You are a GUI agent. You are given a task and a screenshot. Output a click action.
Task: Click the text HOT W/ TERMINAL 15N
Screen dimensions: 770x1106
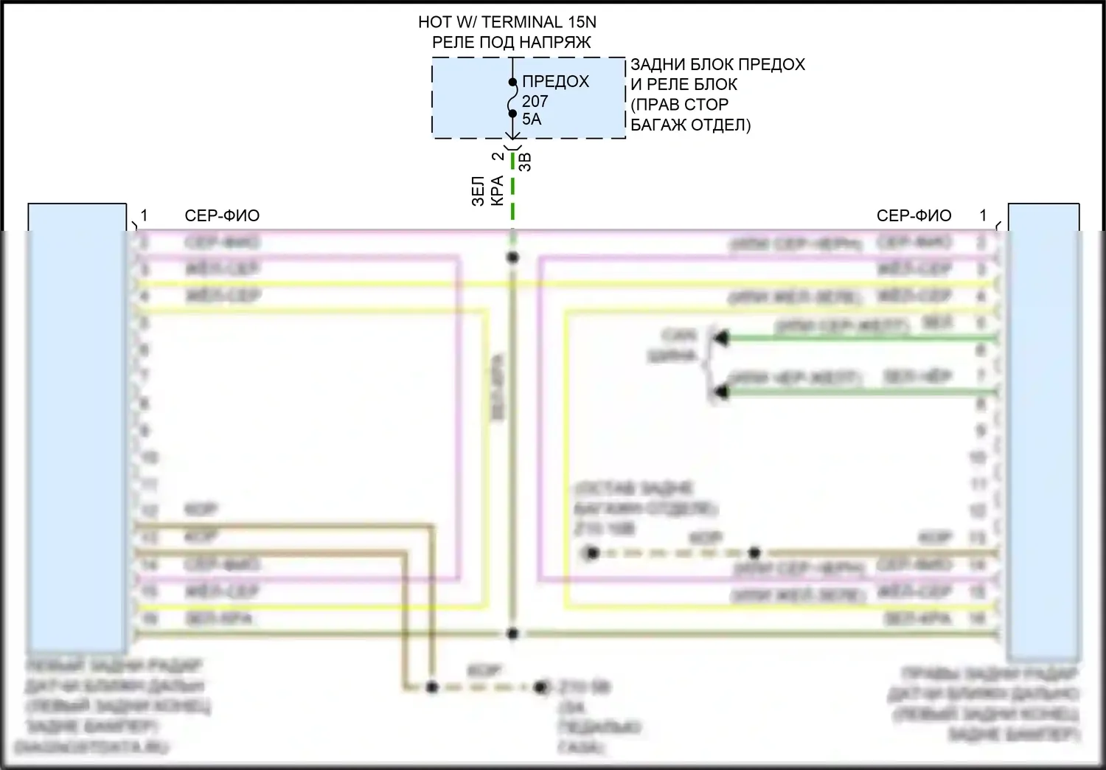tap(507, 23)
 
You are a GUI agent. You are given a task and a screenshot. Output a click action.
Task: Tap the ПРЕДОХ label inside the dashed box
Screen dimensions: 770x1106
tap(555, 81)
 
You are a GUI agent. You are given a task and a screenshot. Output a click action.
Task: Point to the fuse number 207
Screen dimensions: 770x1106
tap(535, 101)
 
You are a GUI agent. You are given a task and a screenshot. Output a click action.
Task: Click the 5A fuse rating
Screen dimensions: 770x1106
tap(531, 119)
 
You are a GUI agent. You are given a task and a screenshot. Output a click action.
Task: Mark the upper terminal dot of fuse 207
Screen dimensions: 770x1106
tap(512, 83)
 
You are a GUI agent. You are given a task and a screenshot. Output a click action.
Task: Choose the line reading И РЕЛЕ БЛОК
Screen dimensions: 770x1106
tap(684, 84)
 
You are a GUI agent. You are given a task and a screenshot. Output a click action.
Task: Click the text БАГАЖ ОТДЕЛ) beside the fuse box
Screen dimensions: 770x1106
tap(690, 125)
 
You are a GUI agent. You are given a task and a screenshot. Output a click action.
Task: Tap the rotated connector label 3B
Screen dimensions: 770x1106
tap(525, 162)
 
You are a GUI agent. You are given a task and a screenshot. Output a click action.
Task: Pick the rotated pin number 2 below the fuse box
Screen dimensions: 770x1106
tap(499, 156)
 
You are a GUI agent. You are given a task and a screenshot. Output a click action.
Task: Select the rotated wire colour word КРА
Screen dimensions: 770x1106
tap(497, 190)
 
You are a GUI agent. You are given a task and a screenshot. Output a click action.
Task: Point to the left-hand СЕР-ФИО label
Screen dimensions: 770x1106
tap(222, 215)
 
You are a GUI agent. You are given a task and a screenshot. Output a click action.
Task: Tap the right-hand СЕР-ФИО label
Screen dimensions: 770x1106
tap(914, 215)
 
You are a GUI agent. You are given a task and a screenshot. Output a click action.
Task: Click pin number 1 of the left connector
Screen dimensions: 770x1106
tap(145, 215)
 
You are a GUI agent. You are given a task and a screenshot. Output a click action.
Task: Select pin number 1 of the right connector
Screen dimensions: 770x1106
tap(983, 215)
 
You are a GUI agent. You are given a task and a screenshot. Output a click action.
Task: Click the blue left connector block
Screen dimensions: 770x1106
tap(77, 428)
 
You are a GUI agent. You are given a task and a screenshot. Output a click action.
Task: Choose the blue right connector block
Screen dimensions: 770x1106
tap(1043, 428)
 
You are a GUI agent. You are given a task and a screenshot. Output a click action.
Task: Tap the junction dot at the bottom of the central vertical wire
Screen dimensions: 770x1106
tap(512, 634)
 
